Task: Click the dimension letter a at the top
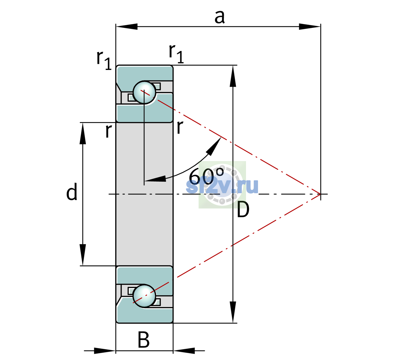tap(220, 17)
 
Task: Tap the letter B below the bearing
tap(143, 339)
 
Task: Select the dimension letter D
tap(243, 209)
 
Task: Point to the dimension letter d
tap(72, 191)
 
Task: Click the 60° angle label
tap(206, 176)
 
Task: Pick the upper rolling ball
tap(145, 92)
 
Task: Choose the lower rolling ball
tap(145, 296)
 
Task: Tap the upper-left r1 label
tap(104, 60)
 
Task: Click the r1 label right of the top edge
tap(176, 53)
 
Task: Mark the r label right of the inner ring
tap(180, 127)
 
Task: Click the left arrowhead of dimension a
tap(127, 26)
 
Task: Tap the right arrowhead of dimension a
tap(310, 26)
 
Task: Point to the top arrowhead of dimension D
tap(233, 76)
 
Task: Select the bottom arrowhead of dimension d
tap(83, 255)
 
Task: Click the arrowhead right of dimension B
tap(184, 351)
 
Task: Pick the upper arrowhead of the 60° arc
tap(214, 146)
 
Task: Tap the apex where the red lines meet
tap(320, 194)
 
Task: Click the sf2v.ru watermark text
tap(222, 186)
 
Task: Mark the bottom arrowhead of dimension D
tap(233, 312)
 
